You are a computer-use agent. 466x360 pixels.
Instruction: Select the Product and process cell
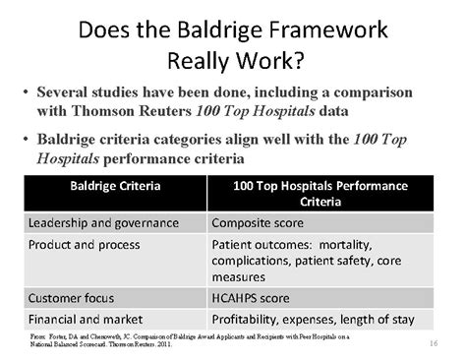(85, 244)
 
